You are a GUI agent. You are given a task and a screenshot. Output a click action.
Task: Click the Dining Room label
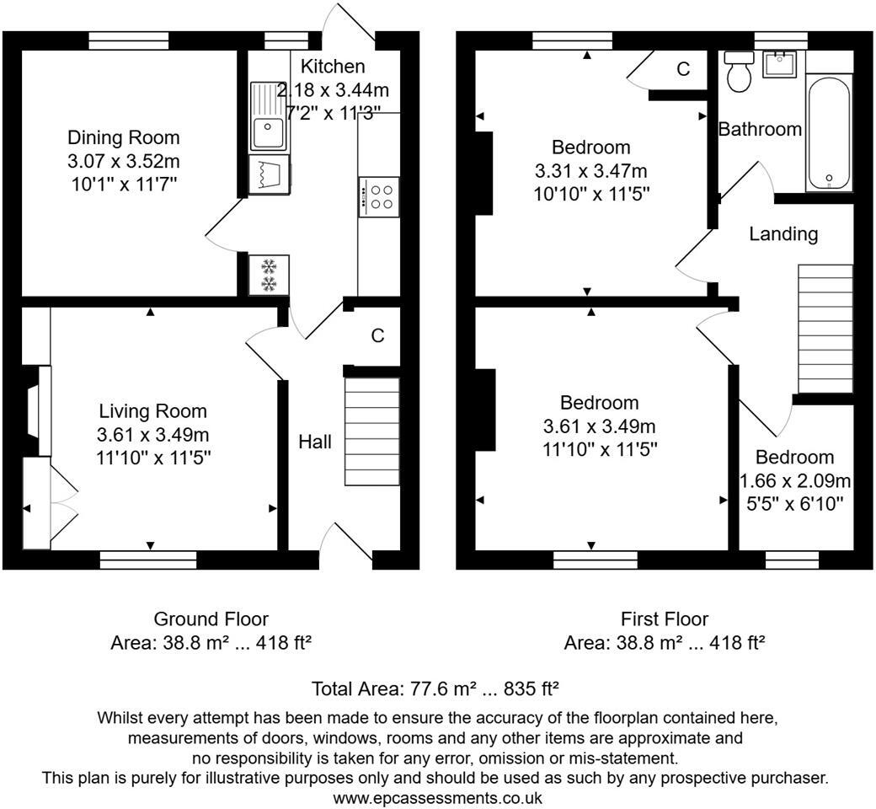pos(124,137)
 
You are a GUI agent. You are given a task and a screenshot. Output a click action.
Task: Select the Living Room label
pos(152,411)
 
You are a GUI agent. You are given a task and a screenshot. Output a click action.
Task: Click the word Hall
pos(315,442)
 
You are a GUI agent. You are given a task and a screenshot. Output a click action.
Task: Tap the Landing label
pos(783,233)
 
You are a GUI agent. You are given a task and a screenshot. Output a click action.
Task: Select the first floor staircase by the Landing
pos(825,329)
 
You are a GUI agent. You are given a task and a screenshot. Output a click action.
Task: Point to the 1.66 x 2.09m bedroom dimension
pos(794,481)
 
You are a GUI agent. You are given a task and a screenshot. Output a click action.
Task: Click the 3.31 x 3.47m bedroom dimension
pos(591,171)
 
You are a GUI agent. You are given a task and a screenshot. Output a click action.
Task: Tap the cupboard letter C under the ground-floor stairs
pos(378,335)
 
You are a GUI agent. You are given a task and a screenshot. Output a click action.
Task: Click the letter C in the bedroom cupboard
pos(683,70)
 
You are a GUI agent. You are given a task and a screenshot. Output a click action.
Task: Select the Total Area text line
pos(436,688)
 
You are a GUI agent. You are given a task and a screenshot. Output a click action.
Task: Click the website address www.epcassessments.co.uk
pos(437,796)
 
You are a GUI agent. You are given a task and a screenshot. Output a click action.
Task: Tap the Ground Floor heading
pos(211,619)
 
